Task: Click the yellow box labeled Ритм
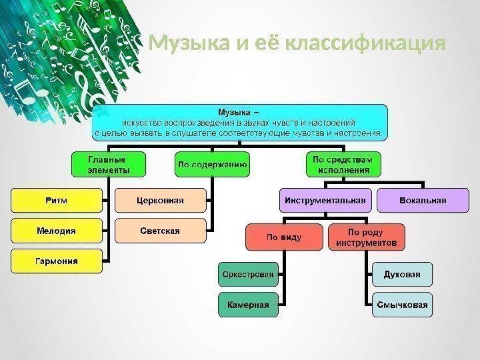coord(56,199)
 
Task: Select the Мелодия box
coord(56,230)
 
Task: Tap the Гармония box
coord(56,261)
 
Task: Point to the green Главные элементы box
coord(108,165)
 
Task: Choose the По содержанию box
coord(213,164)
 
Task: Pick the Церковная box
coord(160,199)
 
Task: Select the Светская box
coord(160,231)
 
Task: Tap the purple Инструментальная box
coord(326,200)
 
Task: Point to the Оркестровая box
coord(247,273)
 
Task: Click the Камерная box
coord(247,305)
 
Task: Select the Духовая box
coord(401,273)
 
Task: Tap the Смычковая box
coord(401,305)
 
